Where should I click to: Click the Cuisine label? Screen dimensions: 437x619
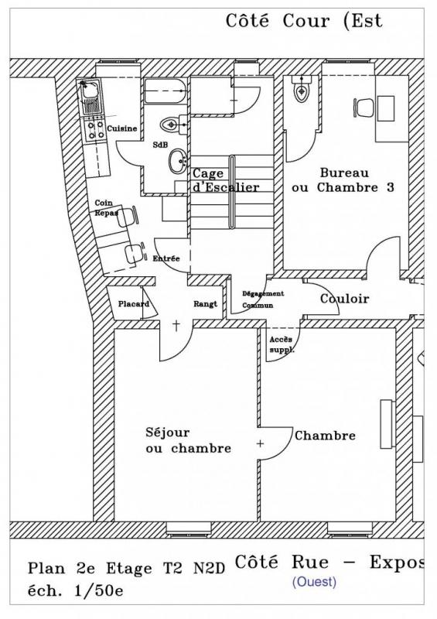pyautogui.click(x=122, y=128)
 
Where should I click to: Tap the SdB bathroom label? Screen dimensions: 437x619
pyautogui.click(x=160, y=145)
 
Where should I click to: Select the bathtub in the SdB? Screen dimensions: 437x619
pyautogui.click(x=165, y=91)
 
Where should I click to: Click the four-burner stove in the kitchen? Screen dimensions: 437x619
pyautogui.click(x=96, y=130)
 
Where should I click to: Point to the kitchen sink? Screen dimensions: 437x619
pyautogui.click(x=91, y=97)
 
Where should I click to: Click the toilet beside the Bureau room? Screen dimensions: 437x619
pyautogui.click(x=302, y=90)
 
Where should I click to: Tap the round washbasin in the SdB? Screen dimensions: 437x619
pyautogui.click(x=179, y=161)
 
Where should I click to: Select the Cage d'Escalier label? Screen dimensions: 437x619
pyautogui.click(x=225, y=180)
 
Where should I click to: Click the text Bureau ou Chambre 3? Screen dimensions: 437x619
pyautogui.click(x=343, y=180)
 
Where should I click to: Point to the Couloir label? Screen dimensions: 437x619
pyautogui.click(x=344, y=299)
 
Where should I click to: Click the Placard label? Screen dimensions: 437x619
pyautogui.click(x=134, y=304)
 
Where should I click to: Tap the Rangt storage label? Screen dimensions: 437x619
pyautogui.click(x=205, y=304)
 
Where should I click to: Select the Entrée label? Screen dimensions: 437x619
pyautogui.click(x=166, y=258)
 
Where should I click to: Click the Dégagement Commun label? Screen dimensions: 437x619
pyautogui.click(x=263, y=299)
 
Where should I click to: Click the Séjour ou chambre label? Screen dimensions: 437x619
pyautogui.click(x=188, y=440)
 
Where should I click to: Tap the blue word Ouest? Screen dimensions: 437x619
pyautogui.click(x=314, y=582)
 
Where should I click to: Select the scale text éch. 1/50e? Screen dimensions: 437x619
pyautogui.click(x=76, y=591)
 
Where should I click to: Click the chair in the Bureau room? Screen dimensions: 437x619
pyautogui.click(x=364, y=108)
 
